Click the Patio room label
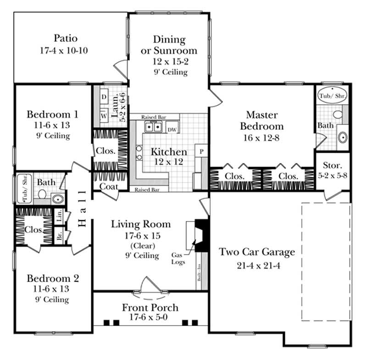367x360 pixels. click(x=65, y=38)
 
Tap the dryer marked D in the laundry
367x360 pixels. click(x=104, y=98)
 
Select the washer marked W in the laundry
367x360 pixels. click(x=104, y=115)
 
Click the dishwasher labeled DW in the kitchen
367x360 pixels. click(x=172, y=130)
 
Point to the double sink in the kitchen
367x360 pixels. click(x=153, y=127)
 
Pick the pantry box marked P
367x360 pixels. click(x=201, y=151)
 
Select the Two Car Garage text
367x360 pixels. click(x=256, y=252)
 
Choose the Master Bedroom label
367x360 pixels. click(x=264, y=120)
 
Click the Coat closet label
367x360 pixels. click(x=109, y=187)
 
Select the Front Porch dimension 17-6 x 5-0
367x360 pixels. click(x=150, y=317)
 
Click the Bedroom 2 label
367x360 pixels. click(x=53, y=278)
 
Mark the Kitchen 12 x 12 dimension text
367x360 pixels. click(x=169, y=161)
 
